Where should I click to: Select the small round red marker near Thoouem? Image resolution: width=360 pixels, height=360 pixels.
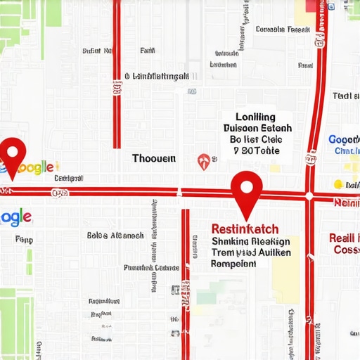[203, 161]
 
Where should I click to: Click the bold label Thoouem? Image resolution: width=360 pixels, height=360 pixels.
[154, 159]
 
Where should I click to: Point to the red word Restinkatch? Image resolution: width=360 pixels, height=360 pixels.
[245, 229]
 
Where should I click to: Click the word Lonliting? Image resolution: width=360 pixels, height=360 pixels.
[256, 117]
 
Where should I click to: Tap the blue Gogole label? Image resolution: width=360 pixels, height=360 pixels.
[344, 140]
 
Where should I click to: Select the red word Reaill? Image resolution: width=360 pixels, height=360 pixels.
[345, 238]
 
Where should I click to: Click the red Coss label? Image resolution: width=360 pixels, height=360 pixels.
[346, 250]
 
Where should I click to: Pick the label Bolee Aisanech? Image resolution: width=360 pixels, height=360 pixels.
[115, 236]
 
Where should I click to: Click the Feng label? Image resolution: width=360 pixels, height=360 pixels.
[24, 240]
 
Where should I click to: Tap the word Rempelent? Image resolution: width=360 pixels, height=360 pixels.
[233, 264]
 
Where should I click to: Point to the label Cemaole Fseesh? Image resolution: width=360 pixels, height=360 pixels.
[283, 30]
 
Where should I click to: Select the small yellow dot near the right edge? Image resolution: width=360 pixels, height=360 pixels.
[337, 184]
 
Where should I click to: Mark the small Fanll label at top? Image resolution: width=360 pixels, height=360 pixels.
[148, 51]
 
